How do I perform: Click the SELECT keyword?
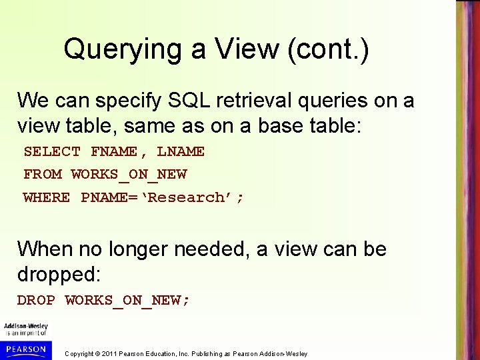point(52,151)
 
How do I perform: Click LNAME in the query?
point(181,151)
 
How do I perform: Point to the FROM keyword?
point(42,174)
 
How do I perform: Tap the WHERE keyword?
point(46,197)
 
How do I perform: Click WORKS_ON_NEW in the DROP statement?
point(127,300)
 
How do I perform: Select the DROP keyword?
point(36,300)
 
